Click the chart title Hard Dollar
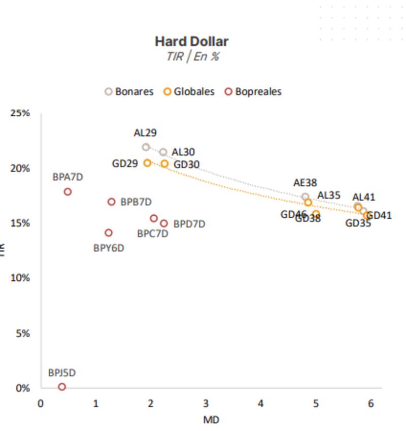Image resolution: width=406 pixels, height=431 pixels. click(x=191, y=41)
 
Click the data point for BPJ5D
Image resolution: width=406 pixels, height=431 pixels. click(x=62, y=387)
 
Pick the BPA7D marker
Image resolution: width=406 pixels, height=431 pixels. click(x=67, y=192)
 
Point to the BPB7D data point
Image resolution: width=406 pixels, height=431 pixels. click(x=112, y=202)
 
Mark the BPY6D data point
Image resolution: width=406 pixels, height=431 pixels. click(x=109, y=233)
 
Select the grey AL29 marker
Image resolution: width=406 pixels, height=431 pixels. click(x=146, y=147)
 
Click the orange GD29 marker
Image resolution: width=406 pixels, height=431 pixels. click(x=148, y=163)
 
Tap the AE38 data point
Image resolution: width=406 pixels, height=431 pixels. click(x=305, y=197)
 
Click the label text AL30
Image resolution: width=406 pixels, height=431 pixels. click(x=183, y=152)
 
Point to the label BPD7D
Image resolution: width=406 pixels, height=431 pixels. click(x=189, y=224)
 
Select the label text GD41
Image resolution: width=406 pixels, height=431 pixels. click(x=379, y=215)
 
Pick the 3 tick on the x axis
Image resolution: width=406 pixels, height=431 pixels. click(x=206, y=404)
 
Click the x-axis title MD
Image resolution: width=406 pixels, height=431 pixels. click(x=211, y=420)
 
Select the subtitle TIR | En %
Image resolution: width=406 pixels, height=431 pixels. click(x=192, y=56)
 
